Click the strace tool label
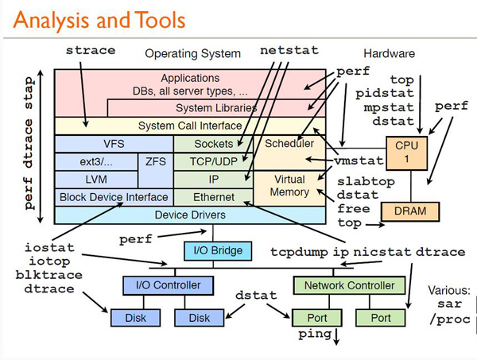click(x=90, y=51)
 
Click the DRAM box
click(x=409, y=211)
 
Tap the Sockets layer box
click(x=214, y=144)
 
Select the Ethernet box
click(x=214, y=197)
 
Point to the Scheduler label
click(x=289, y=144)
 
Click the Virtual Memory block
click(x=289, y=186)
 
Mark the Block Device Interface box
click(x=114, y=197)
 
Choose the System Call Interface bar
click(x=190, y=126)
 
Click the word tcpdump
click(x=295, y=253)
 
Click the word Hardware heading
click(x=389, y=54)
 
